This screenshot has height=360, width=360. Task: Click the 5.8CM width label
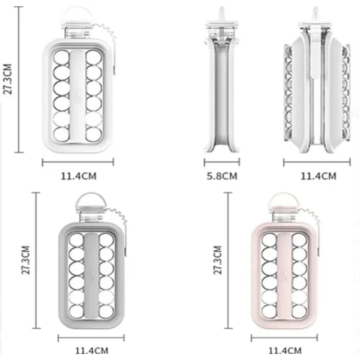tap(222, 176)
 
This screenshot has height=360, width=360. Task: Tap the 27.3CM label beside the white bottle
tap(7, 79)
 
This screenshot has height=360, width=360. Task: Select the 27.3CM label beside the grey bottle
tap(26, 260)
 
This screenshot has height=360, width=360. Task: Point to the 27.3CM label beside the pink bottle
tap(217, 260)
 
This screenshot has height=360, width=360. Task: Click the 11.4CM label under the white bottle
tap(78, 176)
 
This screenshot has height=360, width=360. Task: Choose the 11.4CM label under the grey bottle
tap(91, 351)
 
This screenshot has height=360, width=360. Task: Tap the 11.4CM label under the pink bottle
tap(285, 351)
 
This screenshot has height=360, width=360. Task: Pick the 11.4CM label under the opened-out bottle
tap(319, 176)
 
